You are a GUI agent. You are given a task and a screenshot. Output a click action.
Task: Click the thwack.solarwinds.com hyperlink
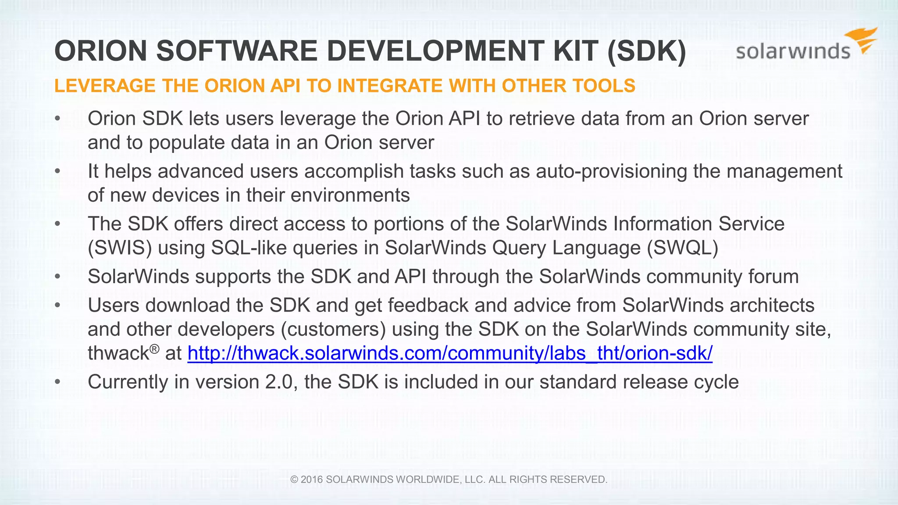(450, 353)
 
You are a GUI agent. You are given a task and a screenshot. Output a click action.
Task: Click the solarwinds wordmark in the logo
(793, 52)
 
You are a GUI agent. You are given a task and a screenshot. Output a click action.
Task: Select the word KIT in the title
(575, 51)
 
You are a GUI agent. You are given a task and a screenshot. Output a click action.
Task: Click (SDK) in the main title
(647, 51)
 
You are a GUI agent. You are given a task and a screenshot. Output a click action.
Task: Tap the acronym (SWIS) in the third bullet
(120, 248)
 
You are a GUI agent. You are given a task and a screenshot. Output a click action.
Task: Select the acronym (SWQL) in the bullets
(682, 248)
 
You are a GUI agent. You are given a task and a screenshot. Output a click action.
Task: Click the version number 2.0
(279, 382)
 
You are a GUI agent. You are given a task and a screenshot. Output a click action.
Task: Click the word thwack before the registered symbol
(118, 353)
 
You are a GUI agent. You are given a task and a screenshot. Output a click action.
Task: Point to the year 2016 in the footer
(312, 480)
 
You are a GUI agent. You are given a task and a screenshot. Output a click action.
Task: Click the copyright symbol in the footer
(294, 480)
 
